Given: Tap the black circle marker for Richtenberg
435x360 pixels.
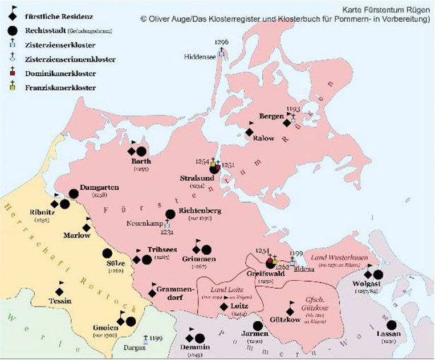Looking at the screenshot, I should [x=170, y=214].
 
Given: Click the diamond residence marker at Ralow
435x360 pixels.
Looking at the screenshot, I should [x=249, y=132].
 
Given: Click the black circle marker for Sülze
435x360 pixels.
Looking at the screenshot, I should [x=107, y=253].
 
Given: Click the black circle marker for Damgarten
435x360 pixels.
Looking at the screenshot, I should [x=74, y=194].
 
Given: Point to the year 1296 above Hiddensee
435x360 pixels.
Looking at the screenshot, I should [x=222, y=42].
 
